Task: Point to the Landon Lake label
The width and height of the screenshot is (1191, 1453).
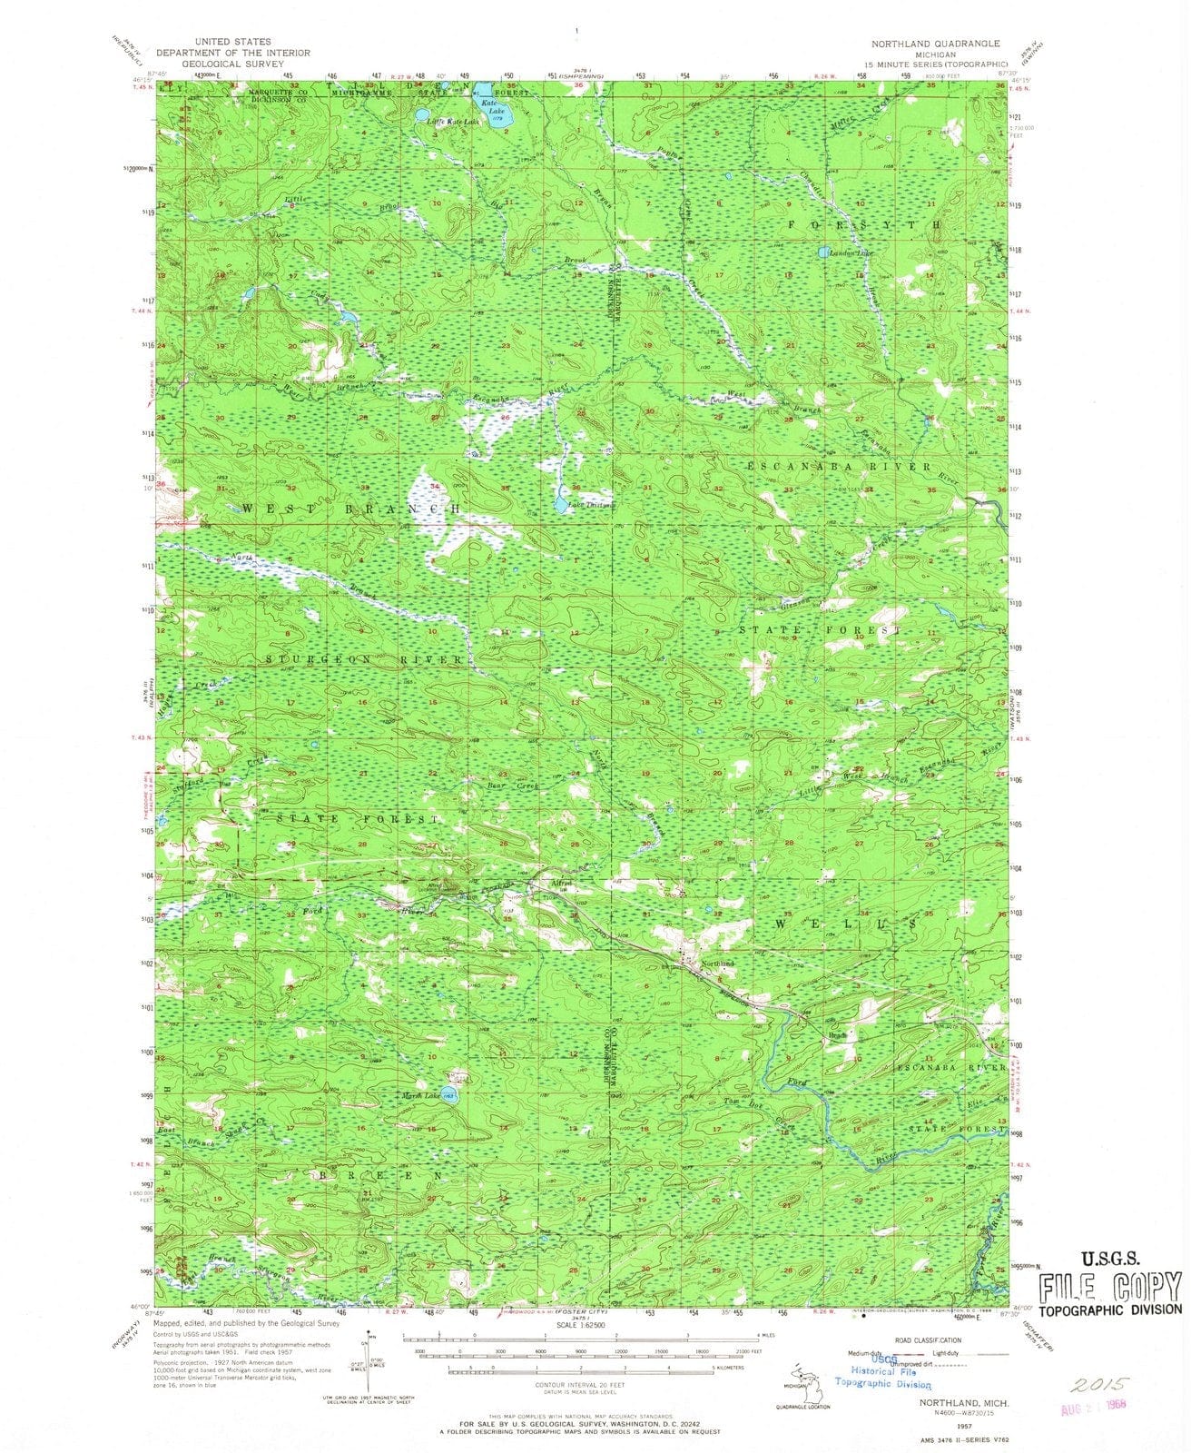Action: (849, 252)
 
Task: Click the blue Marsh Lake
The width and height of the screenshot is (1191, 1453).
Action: (447, 1095)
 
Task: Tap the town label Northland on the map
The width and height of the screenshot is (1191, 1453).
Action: (717, 964)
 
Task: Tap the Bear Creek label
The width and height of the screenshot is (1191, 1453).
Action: (514, 785)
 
